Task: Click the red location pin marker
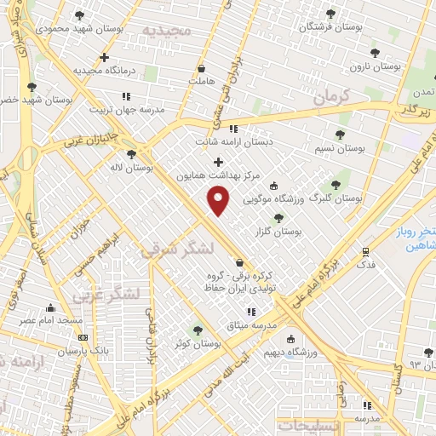(x=219, y=201)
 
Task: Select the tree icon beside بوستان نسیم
(x=340, y=135)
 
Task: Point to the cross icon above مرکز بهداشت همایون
(x=218, y=161)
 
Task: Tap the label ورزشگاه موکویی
(x=274, y=200)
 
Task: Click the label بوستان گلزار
(x=278, y=232)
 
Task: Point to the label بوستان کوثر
(x=198, y=344)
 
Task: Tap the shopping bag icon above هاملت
(x=201, y=67)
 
